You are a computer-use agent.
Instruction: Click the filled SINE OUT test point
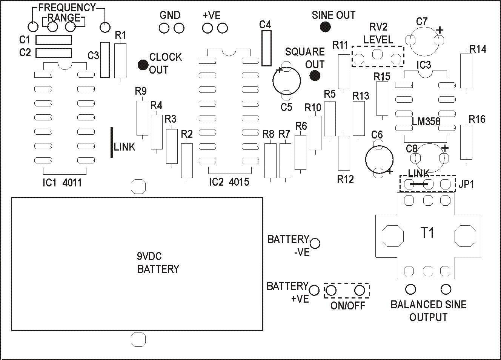[x=325, y=27]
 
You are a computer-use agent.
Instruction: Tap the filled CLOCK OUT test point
[x=143, y=65]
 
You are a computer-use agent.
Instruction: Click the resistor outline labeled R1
[x=120, y=61]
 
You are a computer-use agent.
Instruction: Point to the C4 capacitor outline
[x=266, y=48]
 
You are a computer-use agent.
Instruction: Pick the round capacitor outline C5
[x=287, y=81]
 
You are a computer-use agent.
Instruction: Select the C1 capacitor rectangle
[x=54, y=40]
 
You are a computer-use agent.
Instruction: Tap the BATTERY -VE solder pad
[x=315, y=243]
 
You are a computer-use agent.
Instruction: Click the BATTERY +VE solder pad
[x=314, y=290]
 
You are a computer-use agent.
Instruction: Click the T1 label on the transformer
[x=427, y=233]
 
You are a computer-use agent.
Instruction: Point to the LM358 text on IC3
[x=426, y=122]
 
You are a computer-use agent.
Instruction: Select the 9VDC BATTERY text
[x=158, y=263]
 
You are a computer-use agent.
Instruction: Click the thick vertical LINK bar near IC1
[x=111, y=142]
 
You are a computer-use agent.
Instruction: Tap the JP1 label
[x=466, y=184]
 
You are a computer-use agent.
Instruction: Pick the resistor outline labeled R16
[x=466, y=142]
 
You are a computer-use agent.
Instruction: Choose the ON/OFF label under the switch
[x=348, y=305]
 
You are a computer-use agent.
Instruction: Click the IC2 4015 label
[x=229, y=182]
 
